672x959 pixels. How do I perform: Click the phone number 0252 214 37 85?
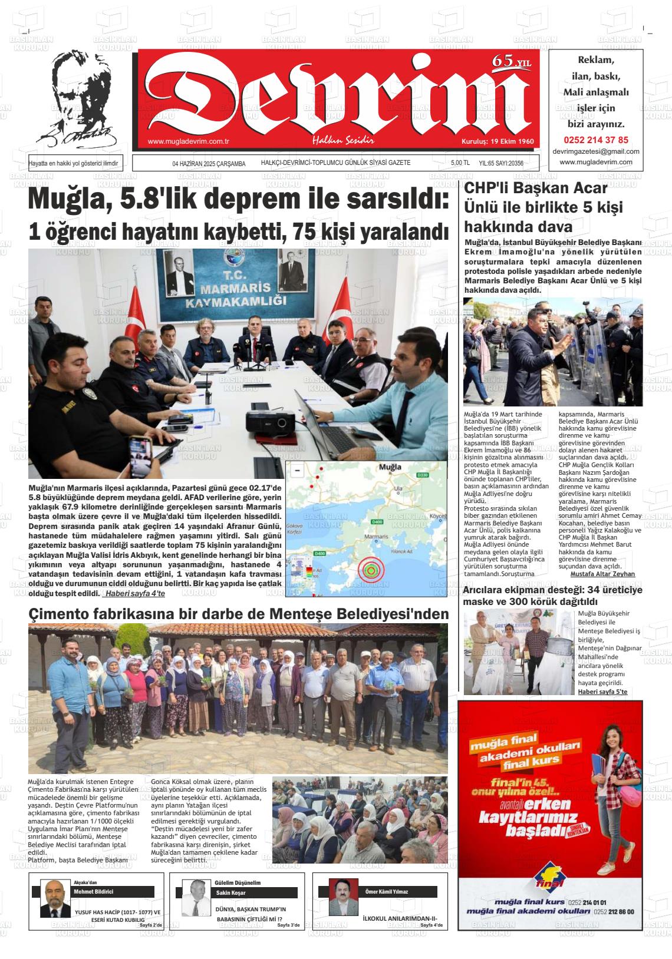(595, 140)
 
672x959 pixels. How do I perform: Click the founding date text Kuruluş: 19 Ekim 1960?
(497, 141)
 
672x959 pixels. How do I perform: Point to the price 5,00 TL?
(460, 163)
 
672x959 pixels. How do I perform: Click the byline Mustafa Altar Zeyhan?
(602, 574)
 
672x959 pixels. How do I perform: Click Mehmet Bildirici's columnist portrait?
(54, 898)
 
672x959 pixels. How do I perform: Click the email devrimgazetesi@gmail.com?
(595, 151)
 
